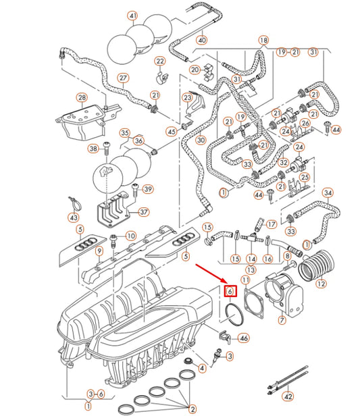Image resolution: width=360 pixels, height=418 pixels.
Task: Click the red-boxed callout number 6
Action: point(230,291)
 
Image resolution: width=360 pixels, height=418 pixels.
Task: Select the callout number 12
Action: point(321,284)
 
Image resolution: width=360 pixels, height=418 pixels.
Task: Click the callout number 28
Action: point(82,99)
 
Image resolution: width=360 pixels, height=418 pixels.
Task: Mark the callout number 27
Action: point(123,78)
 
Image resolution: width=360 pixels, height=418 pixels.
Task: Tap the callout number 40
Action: point(202,40)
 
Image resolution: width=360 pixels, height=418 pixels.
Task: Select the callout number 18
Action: point(263,41)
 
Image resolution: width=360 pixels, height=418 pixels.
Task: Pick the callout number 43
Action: point(74,217)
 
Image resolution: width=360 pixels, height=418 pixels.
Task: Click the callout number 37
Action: point(143,212)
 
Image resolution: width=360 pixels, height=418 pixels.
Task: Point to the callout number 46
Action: point(244,338)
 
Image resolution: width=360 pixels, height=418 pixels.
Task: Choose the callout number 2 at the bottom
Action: point(192,409)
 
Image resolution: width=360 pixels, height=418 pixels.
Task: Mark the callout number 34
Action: point(328,193)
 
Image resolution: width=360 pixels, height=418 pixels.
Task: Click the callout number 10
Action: point(130,236)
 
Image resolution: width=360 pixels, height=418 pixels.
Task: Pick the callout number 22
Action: point(160,62)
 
